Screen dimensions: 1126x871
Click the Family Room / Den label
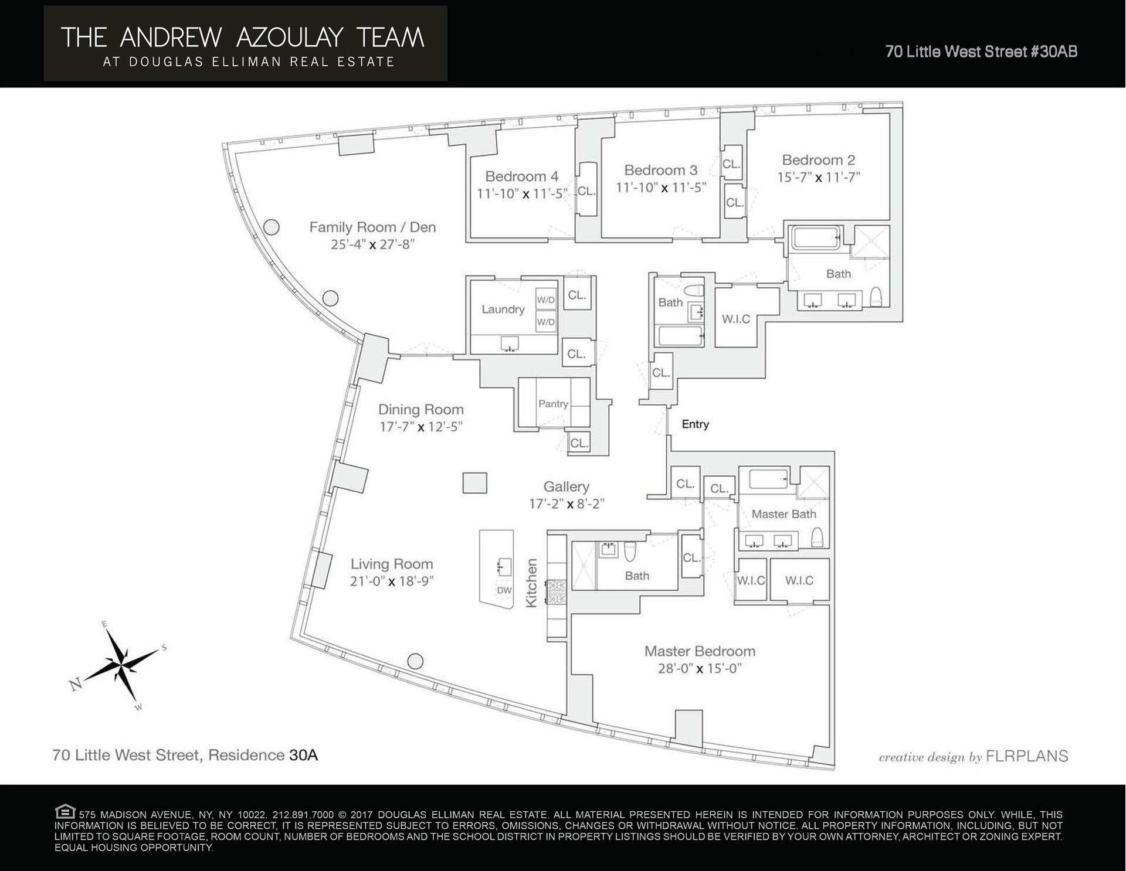372,227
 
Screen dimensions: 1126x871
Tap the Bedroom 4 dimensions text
522,193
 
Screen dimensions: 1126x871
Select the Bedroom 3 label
660,171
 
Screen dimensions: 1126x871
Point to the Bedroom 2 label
818,160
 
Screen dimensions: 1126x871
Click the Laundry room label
503,309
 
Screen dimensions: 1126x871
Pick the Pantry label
553,404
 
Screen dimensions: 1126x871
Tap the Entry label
695,424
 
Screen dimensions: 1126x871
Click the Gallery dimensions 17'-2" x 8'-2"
566,504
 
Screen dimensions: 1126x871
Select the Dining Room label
420,410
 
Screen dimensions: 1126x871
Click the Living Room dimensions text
391,581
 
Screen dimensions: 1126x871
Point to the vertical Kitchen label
531,583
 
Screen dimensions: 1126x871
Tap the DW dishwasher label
504,590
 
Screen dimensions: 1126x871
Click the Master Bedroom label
700,651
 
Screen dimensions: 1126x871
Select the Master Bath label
784,514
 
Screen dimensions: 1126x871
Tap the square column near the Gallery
474,483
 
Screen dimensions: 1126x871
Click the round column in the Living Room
415,661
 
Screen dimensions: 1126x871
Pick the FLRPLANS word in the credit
1027,757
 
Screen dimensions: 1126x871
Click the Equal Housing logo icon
65,812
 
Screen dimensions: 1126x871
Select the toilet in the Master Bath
817,537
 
